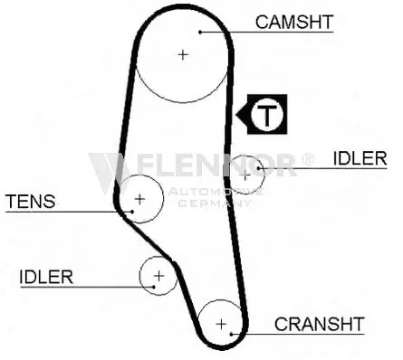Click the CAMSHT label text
click(x=294, y=22)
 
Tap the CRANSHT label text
click(x=320, y=324)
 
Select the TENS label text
click(x=31, y=202)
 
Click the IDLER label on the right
click(x=360, y=158)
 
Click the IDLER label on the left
click(x=46, y=277)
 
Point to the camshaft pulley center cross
click(x=183, y=55)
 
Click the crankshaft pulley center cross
click(x=221, y=324)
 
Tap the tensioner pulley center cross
click(x=139, y=199)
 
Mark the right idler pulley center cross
click(x=245, y=175)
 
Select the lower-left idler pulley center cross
click(x=158, y=276)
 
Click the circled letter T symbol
click(x=267, y=115)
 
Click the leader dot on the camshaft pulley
click(x=200, y=32)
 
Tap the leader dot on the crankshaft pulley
click(x=231, y=334)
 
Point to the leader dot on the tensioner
click(x=132, y=212)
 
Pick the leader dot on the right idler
click(x=259, y=168)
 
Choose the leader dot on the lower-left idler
click(x=154, y=287)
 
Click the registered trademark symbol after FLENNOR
click(x=308, y=159)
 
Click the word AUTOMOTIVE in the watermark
click(x=216, y=191)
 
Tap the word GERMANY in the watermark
click(x=214, y=204)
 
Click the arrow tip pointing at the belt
click(x=236, y=115)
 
